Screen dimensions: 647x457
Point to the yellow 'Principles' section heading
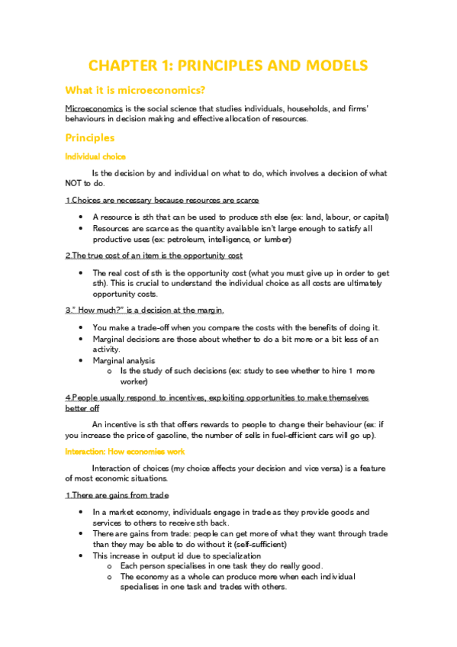(x=90, y=138)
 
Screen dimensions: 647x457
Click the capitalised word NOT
(x=77, y=183)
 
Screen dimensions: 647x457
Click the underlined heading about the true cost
(x=154, y=256)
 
